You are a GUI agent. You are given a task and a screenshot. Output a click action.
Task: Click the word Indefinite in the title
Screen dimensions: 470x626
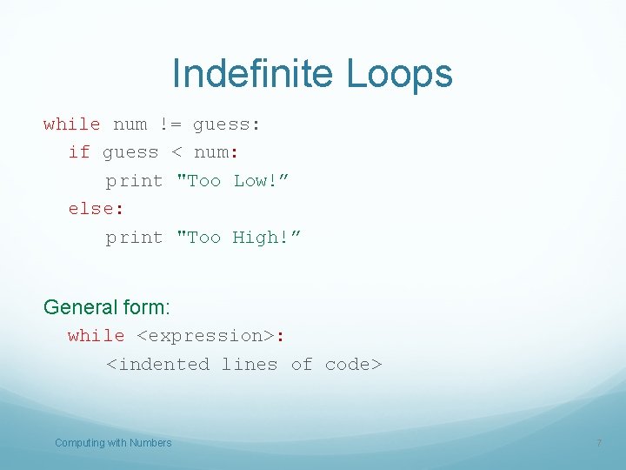254,73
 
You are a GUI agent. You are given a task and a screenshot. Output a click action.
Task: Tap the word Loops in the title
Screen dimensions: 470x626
399,73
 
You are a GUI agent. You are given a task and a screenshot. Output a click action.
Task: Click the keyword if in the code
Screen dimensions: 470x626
79,152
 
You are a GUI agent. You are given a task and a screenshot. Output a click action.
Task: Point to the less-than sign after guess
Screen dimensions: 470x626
176,153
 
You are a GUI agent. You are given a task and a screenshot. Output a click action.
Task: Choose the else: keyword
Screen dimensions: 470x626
90,209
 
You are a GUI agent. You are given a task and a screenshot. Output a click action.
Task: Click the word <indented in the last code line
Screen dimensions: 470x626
157,365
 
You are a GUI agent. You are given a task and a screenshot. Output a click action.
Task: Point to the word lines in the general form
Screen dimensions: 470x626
250,365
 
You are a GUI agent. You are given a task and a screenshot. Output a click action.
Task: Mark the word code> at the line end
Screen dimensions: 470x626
353,365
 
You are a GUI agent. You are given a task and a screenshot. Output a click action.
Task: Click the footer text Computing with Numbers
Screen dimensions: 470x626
113,443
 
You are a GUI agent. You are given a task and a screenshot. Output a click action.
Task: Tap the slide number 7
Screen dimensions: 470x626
598,444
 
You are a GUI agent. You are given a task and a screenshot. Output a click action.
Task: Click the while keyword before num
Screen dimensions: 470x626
71,124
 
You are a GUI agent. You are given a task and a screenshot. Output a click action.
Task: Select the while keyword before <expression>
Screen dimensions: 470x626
96,336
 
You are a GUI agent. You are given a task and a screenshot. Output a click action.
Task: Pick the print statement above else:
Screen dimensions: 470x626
134,181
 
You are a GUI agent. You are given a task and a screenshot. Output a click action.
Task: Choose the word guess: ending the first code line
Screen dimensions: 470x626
226,124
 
